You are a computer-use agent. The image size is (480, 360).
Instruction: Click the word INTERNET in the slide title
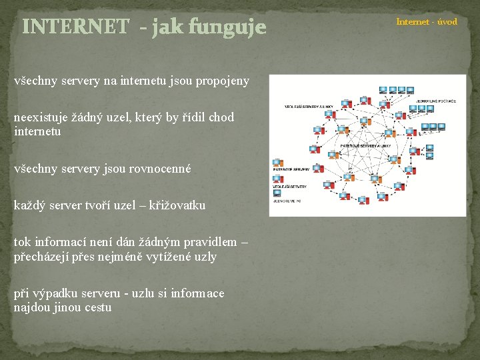point(75,27)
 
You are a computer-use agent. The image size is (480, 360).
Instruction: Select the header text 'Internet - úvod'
point(427,22)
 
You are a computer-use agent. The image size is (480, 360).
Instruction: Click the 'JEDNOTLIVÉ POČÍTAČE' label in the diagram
point(435,101)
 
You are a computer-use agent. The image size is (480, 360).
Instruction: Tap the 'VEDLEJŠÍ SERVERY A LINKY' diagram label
point(309,106)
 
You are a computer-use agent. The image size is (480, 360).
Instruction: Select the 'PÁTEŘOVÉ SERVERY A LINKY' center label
point(365,145)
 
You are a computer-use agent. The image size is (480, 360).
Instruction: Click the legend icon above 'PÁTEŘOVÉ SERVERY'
point(277,163)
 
